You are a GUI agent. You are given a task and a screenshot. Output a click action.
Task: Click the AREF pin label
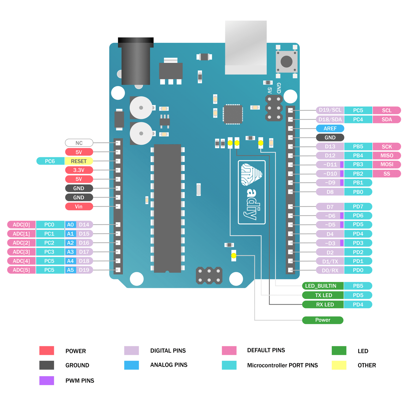point(330,128)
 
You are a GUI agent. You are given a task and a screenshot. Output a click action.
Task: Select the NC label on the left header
point(79,143)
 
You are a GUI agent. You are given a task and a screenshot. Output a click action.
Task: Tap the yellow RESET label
point(79,161)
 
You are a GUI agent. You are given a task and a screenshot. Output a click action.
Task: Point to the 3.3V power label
point(79,170)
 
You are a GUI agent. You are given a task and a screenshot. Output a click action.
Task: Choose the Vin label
point(79,207)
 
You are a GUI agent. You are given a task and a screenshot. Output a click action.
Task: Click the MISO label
point(387,155)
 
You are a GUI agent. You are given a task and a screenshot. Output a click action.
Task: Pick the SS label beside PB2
point(387,174)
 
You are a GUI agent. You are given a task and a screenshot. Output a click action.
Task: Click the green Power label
point(323,320)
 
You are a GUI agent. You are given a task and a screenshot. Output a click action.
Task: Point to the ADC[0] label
point(21,225)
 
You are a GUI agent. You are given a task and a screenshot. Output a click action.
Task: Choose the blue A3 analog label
point(70,252)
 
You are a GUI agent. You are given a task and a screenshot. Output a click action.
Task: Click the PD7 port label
point(358,207)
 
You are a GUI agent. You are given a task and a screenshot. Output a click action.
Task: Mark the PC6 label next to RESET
point(50,161)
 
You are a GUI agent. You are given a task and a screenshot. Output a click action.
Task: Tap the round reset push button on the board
point(286,61)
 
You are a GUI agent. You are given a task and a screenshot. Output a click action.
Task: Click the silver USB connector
point(246,47)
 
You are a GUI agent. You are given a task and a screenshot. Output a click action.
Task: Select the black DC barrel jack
point(136,62)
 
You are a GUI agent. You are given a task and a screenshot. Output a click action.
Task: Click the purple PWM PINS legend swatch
point(47,381)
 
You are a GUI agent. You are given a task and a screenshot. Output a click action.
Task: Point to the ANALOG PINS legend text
point(169,365)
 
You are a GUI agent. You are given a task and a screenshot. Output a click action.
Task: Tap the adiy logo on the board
point(252,192)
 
